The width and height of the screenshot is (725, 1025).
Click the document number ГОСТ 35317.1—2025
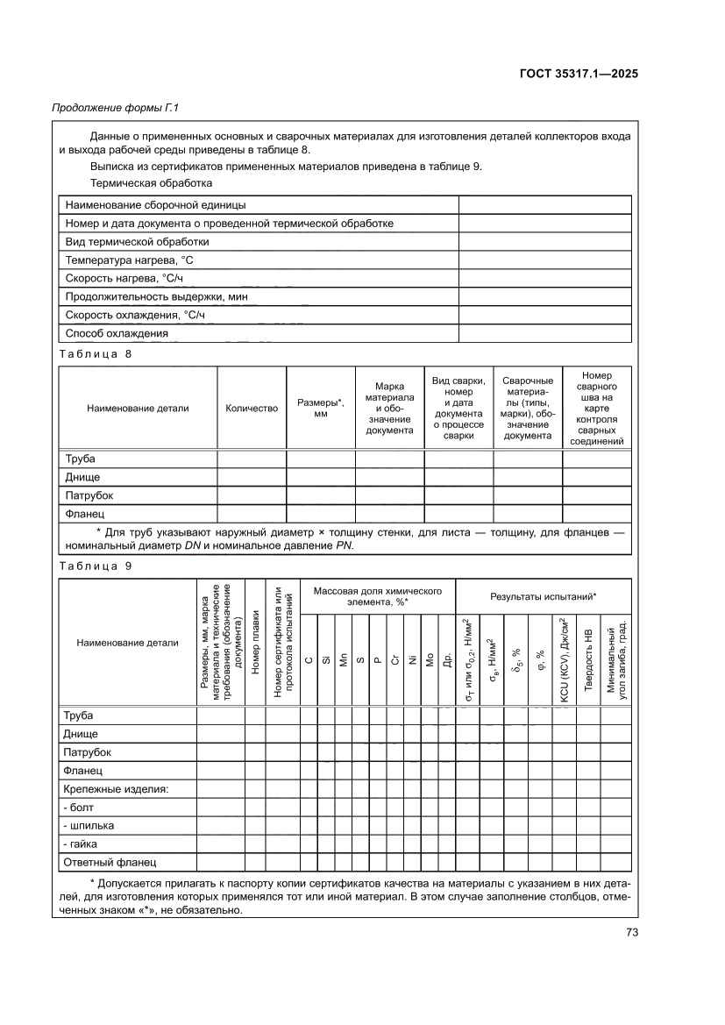pyautogui.click(x=578, y=74)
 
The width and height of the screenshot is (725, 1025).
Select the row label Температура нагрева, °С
pyautogui.click(x=129, y=260)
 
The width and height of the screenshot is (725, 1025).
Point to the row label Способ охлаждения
pyautogui.click(x=117, y=333)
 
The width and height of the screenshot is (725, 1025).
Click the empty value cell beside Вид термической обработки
pyautogui.click(x=544, y=241)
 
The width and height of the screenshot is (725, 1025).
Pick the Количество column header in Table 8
pyautogui.click(x=252, y=408)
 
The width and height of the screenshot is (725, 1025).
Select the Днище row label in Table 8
pyautogui.click(x=82, y=477)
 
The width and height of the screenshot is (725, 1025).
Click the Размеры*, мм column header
pyautogui.click(x=320, y=408)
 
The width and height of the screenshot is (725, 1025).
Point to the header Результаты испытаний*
pyautogui.click(x=543, y=596)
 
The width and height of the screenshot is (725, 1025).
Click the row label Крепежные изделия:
pyautogui.click(x=116, y=789)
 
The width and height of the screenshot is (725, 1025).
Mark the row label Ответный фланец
pyautogui.click(x=110, y=862)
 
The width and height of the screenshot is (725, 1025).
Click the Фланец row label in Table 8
pyautogui.click(x=85, y=514)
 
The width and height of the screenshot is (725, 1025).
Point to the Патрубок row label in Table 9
pyautogui.click(x=88, y=752)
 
